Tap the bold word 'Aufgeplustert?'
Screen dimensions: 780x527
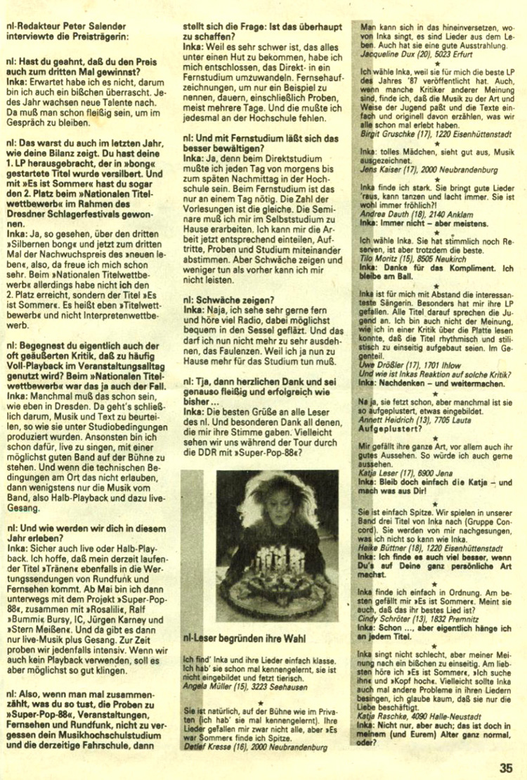(391, 427)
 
